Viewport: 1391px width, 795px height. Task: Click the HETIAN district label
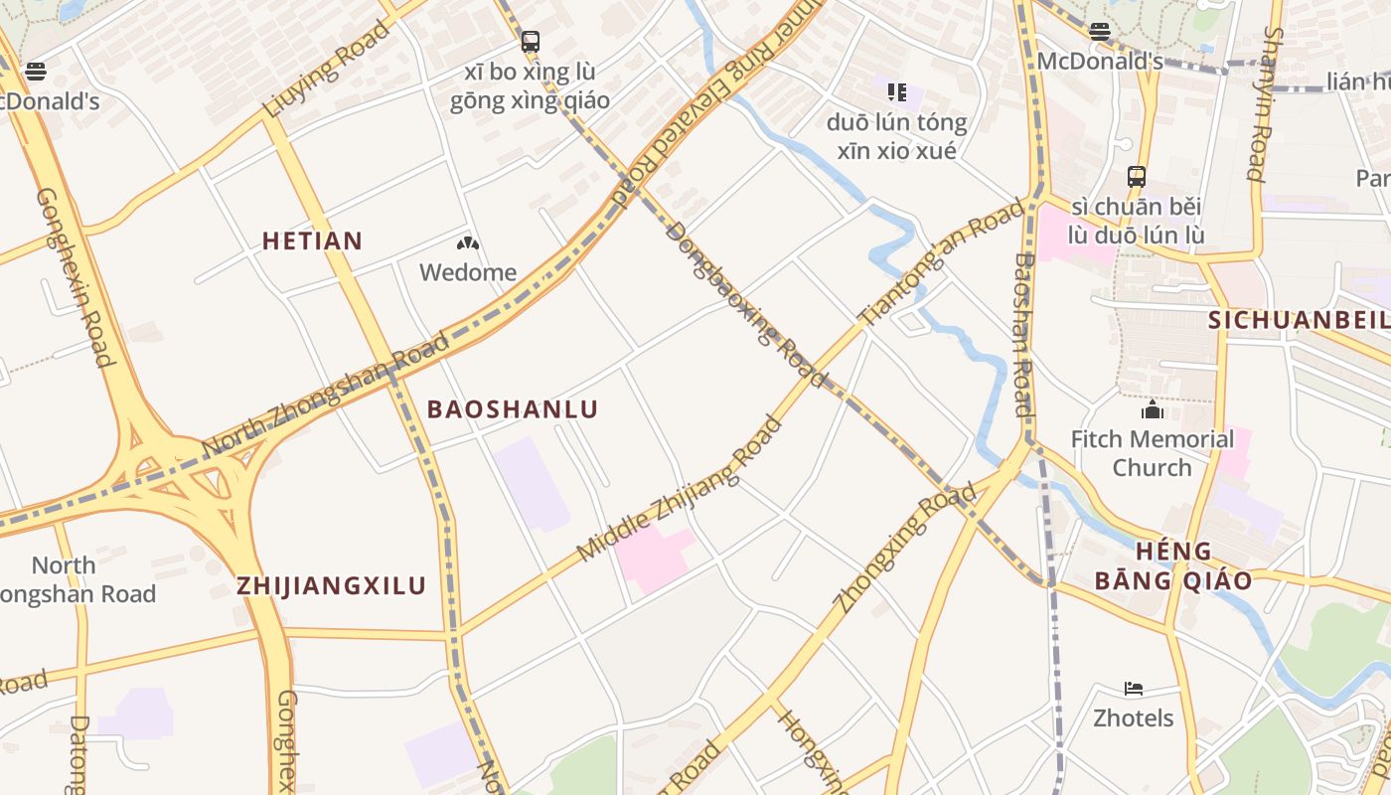[x=312, y=240]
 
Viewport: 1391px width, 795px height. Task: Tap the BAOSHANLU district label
[x=513, y=409]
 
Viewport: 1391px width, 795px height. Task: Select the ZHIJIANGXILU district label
[x=331, y=586]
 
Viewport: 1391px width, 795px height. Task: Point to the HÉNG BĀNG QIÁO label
[x=1173, y=565]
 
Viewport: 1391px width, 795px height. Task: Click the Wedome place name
[x=468, y=272]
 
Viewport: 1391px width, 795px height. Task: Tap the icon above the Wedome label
[x=468, y=243]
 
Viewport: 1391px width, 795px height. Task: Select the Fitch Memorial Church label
[x=1152, y=453]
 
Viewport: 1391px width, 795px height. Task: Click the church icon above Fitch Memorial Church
[x=1153, y=409]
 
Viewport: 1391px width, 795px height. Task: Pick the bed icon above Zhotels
[x=1134, y=689]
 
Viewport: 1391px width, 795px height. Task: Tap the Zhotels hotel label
[x=1134, y=718]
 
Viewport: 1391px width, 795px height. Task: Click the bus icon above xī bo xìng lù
[x=531, y=42]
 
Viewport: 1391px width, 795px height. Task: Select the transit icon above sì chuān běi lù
[x=1137, y=177]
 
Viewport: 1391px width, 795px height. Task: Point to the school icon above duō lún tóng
[x=897, y=92]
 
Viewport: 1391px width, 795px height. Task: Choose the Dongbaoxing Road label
[x=746, y=304]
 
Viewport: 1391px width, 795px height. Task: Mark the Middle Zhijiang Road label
[x=679, y=489]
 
